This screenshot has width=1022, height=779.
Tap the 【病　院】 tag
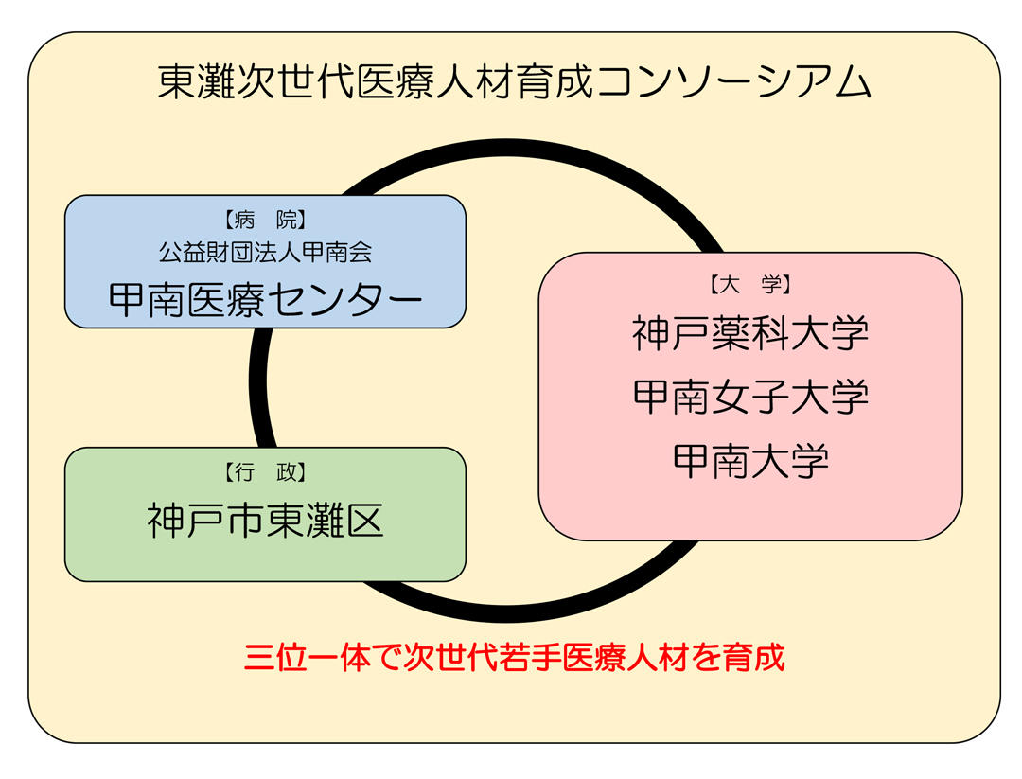click(265, 221)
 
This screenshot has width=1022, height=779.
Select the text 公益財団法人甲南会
click(265, 252)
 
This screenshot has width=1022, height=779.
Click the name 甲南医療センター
click(265, 298)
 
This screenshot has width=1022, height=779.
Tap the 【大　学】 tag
click(749, 283)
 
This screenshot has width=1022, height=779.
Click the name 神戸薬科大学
click(749, 333)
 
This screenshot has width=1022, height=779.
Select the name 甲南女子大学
click(749, 397)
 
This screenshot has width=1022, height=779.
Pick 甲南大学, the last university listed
click(749, 461)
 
